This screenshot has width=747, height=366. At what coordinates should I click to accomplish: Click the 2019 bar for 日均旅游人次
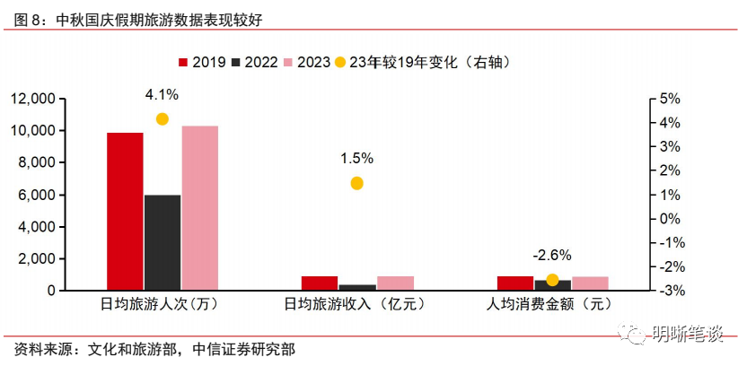tap(125, 212)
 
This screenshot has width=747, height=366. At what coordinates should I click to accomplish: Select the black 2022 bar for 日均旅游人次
tap(163, 242)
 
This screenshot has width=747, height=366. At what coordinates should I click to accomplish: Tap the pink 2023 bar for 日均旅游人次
tap(200, 208)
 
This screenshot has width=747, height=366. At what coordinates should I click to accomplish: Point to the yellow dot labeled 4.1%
tap(163, 119)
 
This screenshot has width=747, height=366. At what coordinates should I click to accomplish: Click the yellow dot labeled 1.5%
tap(356, 183)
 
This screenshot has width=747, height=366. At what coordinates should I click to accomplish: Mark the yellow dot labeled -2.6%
tap(552, 280)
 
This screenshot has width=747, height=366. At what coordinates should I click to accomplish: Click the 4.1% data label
tap(163, 93)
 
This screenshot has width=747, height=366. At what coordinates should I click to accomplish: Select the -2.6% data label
tap(551, 255)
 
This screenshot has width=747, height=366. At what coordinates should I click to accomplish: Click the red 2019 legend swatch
tap(184, 62)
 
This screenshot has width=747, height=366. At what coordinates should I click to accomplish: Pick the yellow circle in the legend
tap(338, 62)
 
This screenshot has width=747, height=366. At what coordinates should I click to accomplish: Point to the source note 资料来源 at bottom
tap(155, 348)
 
